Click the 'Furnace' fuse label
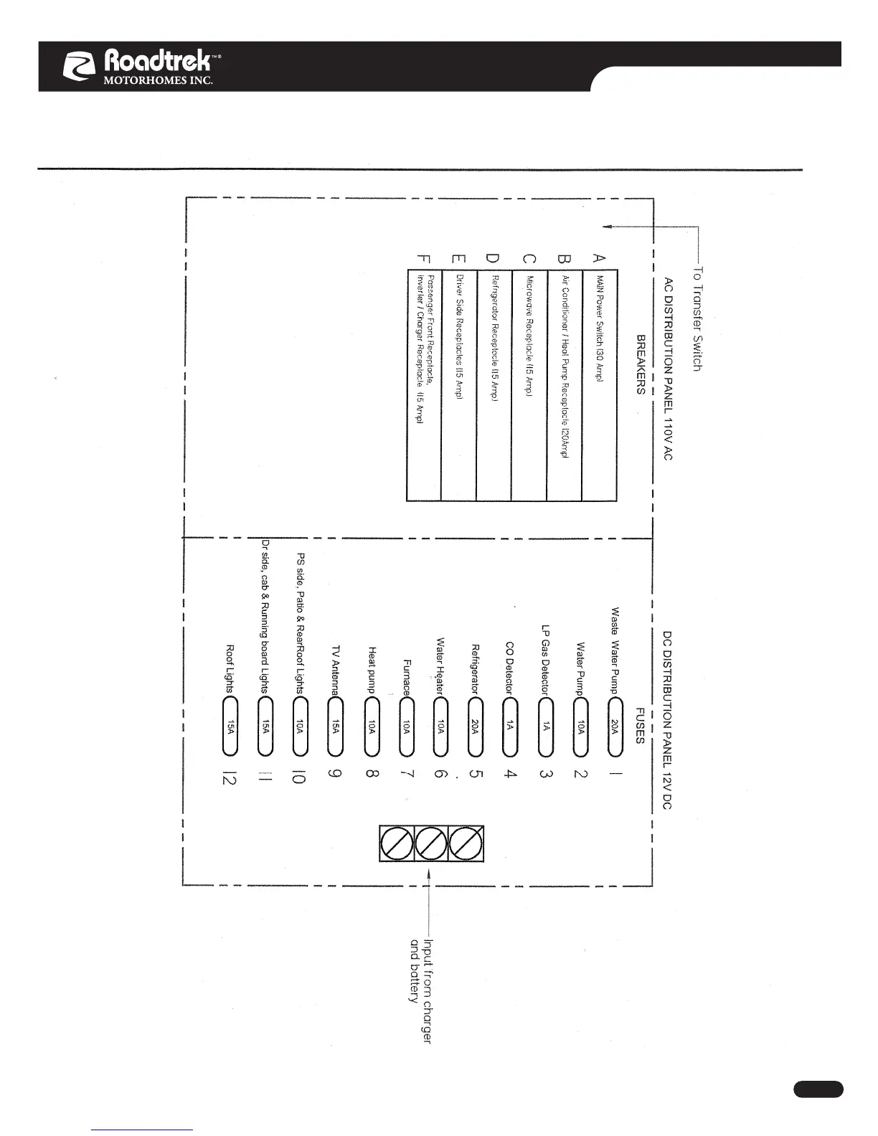click(x=406, y=677)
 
